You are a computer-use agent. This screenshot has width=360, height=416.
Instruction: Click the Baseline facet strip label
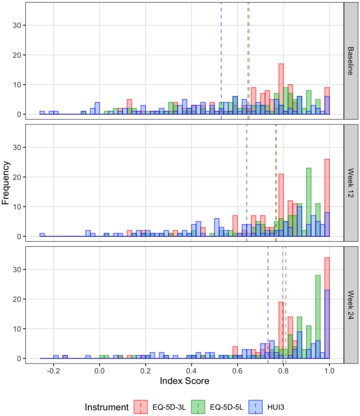pyautogui.click(x=351, y=60)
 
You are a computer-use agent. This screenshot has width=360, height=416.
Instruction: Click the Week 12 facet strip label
pyautogui.click(x=351, y=183)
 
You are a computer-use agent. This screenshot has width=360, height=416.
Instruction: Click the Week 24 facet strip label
pyautogui.click(x=351, y=305)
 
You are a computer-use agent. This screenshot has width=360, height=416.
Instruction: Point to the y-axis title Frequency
pyautogui.click(x=7, y=183)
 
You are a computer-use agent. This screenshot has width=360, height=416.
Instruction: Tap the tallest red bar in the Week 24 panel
pyautogui.click(x=327, y=307)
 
